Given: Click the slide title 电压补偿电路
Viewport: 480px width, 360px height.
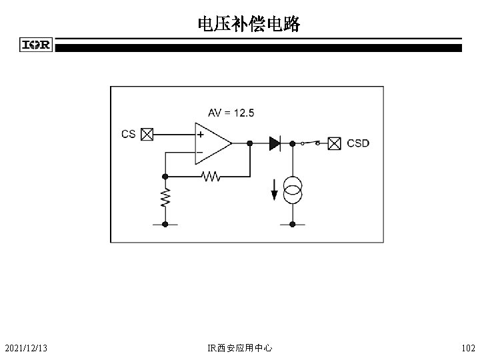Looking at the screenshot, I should (249, 25).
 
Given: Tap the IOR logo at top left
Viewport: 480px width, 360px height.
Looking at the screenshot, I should (37, 45).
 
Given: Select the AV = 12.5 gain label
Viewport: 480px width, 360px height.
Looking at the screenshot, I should (231, 113).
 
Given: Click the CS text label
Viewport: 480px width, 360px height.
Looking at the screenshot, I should (129, 134).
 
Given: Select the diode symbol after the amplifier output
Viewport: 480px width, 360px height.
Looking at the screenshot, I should (275, 143).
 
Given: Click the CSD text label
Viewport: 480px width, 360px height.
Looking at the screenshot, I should (357, 143).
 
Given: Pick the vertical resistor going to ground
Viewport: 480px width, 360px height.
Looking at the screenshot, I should (165, 197).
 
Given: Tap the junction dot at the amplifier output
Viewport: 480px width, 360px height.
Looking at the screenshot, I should (249, 143).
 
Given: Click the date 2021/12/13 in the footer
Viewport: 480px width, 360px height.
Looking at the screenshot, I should (29, 348).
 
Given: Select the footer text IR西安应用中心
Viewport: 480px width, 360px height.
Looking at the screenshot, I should (240, 348).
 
